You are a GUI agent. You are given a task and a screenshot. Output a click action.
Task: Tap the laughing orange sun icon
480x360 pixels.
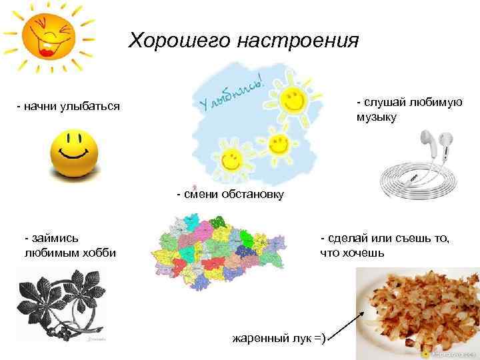(x=48, y=36)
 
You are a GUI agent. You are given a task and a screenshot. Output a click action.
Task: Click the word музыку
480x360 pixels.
(x=376, y=118)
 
